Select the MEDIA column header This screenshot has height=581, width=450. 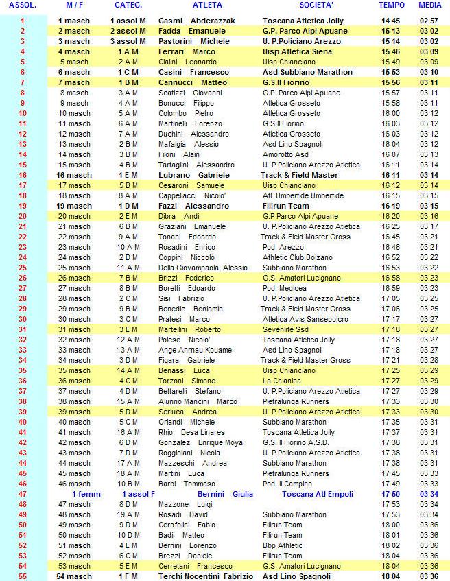[429, 5]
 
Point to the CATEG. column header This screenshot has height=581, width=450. [128, 5]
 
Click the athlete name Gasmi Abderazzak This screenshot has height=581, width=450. [196, 21]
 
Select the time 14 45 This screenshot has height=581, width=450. [392, 21]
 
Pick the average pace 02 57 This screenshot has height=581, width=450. [429, 21]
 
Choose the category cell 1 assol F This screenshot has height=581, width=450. [138, 494]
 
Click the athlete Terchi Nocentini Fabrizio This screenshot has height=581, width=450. [205, 576]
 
